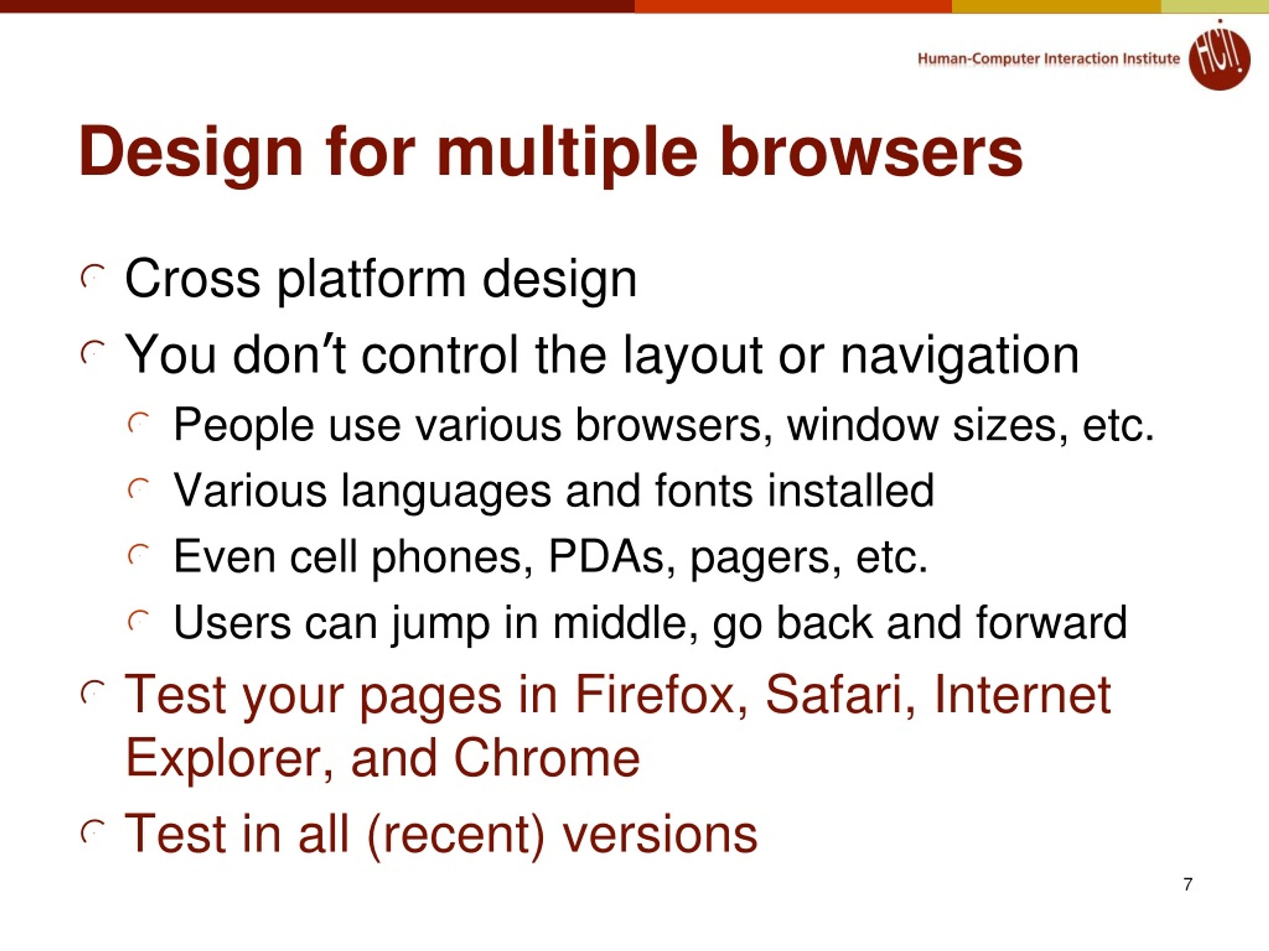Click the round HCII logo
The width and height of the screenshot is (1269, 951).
click(1218, 56)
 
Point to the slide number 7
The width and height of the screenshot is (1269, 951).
click(1188, 884)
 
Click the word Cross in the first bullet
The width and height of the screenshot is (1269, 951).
click(192, 279)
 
